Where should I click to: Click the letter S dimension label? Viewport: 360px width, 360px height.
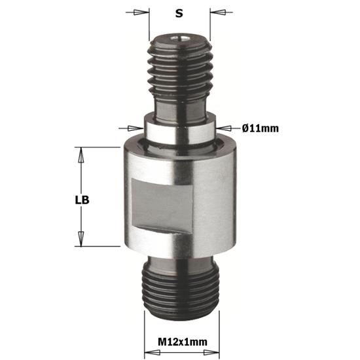[x=180, y=12]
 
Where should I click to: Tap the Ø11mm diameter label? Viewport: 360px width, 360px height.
[x=261, y=128]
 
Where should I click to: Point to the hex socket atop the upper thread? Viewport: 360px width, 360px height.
[x=180, y=39]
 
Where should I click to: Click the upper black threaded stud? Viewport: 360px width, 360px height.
[x=180, y=65]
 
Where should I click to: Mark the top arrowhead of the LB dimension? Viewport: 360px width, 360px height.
[x=82, y=153]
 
